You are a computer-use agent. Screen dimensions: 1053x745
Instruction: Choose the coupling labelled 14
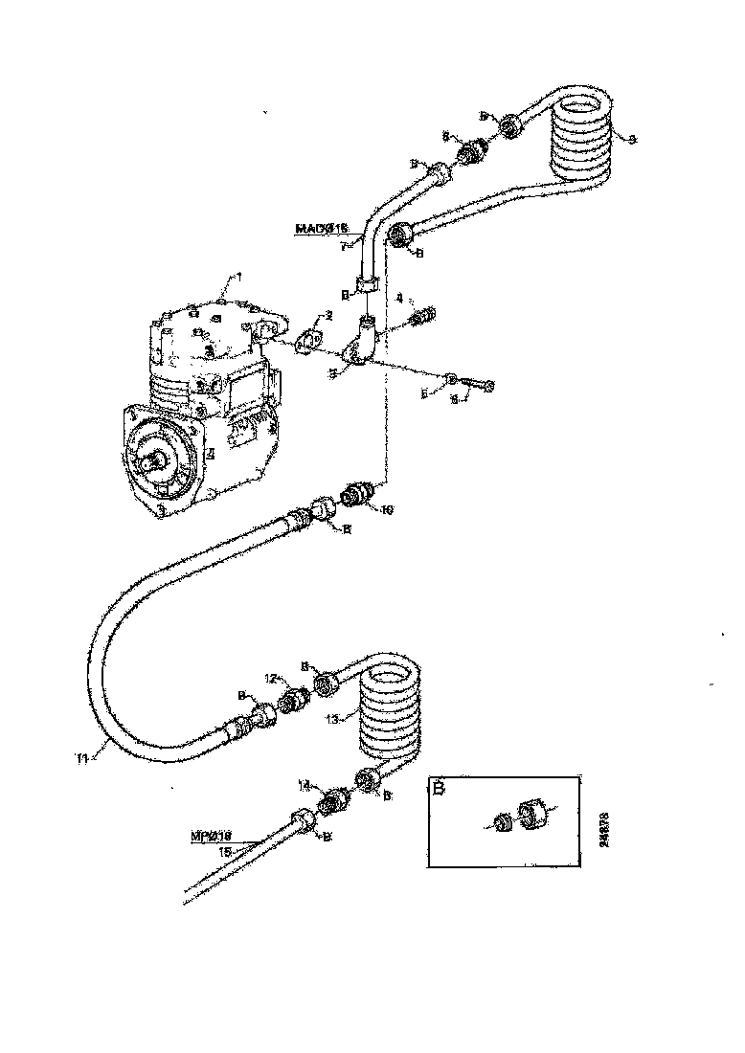point(332,801)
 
